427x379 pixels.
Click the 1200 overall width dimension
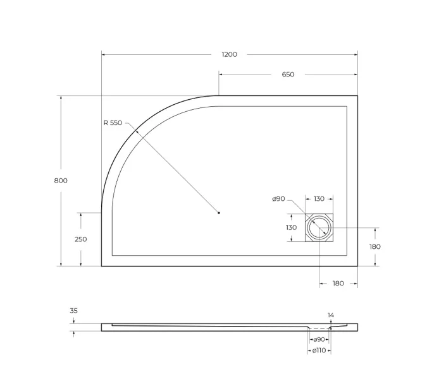[x=229, y=54]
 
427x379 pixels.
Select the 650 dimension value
[x=288, y=75]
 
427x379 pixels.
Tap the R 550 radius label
[x=113, y=123]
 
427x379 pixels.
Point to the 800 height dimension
[x=61, y=181]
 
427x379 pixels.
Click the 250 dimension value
[x=81, y=239]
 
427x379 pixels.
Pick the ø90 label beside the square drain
[x=278, y=199]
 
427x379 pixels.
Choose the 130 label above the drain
[x=319, y=199]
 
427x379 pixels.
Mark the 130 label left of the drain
[x=291, y=227]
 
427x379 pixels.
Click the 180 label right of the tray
[x=374, y=246]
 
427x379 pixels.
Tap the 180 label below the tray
[x=338, y=284]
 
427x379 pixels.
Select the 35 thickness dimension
[x=73, y=311]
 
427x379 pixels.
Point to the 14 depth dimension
[x=331, y=315]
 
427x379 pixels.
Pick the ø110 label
[x=319, y=351]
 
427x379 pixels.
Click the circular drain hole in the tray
[x=319, y=227]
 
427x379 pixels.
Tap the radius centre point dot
[x=218, y=213]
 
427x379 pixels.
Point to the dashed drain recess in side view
[x=319, y=329]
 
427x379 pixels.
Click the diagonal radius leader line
[x=178, y=172]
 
